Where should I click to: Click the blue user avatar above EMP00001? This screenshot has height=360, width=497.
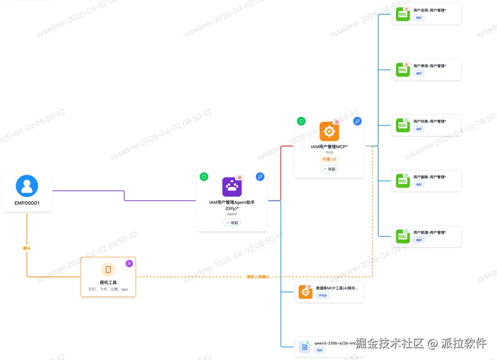pos(27,186)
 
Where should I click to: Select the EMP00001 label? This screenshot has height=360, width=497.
pos(27,203)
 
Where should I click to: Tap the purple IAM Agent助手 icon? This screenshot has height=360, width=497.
pos(232,187)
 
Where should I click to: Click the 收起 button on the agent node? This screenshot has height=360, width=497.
pos(232,223)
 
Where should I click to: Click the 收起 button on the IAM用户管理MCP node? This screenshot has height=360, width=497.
pos(329,169)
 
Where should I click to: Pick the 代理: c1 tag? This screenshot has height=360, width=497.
pos(329,159)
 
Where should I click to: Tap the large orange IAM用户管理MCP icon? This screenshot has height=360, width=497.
pos(329,131)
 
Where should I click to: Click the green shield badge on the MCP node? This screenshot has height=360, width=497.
pos(301,121)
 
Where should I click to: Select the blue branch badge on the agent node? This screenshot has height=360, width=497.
pos(260,177)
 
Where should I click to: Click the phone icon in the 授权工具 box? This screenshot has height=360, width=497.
pos(108,269)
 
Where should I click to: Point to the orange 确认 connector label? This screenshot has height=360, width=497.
pos(27,248)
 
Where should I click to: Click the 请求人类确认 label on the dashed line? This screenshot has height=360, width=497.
pos(258,277)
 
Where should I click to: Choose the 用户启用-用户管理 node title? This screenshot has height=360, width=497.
pos(430,11)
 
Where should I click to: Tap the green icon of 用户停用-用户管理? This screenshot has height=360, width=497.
pos(403,70)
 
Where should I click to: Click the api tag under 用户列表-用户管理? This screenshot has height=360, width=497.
pos(419,129)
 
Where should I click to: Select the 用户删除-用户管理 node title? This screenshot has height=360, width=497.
pos(430,177)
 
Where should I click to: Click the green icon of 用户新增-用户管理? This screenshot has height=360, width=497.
pos(403,236)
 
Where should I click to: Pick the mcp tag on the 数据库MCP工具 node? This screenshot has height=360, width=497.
pos(323,295)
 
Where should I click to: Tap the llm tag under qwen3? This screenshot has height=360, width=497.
pos(319,350)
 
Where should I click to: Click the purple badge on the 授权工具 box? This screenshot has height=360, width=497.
pos(129,263)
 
